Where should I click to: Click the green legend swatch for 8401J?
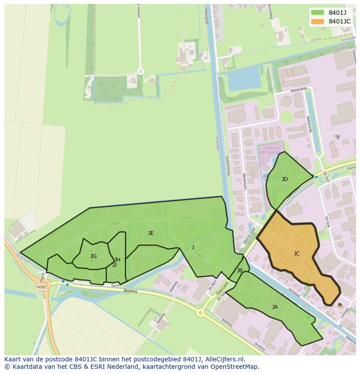(x=318, y=13)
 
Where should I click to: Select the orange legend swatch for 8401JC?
(x=318, y=21)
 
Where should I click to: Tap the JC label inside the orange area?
(x=297, y=254)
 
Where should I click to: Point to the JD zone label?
(x=285, y=179)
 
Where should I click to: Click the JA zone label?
(x=275, y=307)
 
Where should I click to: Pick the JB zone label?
(x=240, y=271)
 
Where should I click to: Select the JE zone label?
(x=151, y=233)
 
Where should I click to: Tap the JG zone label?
(x=93, y=256)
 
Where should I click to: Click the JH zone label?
(x=117, y=260)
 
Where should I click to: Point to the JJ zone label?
(x=114, y=265)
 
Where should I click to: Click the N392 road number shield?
(x=41, y=287)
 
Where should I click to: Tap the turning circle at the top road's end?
(x=140, y=71)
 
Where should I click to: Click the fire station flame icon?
(x=340, y=305)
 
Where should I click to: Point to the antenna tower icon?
(x=338, y=136)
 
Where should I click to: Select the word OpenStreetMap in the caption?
(x=234, y=367)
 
